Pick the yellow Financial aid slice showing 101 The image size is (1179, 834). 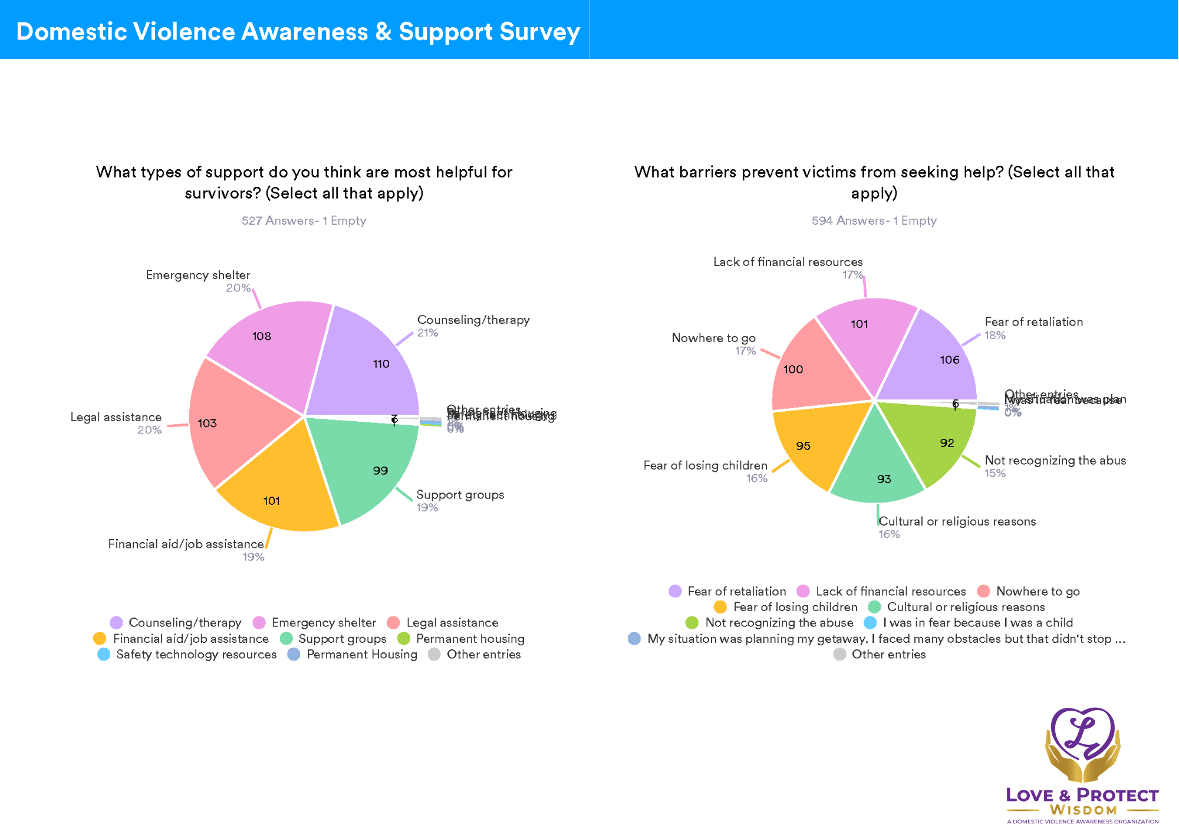[277, 490]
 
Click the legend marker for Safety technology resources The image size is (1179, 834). [104, 654]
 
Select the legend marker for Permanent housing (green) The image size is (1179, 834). [404, 639]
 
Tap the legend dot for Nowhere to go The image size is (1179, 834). [983, 591]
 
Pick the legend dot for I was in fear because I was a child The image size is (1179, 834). [870, 623]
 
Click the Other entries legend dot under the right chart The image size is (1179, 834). [840, 654]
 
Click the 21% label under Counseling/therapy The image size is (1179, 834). [427, 333]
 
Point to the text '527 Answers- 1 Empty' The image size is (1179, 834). [304, 221]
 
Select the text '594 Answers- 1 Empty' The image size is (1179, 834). [874, 221]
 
